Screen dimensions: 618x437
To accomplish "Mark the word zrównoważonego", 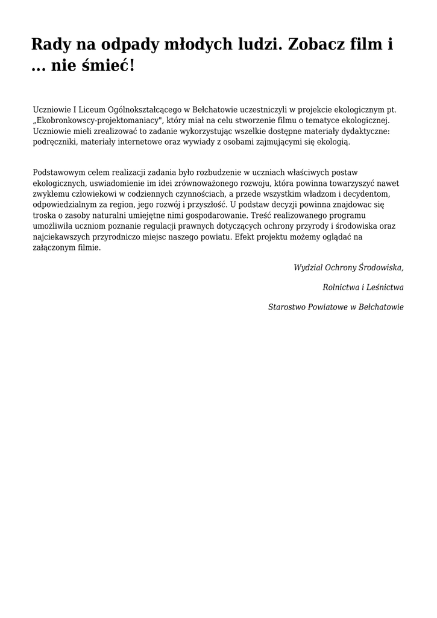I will (206, 183).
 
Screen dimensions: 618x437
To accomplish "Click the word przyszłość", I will (207, 205).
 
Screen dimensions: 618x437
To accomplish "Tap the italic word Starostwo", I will (288, 307).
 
